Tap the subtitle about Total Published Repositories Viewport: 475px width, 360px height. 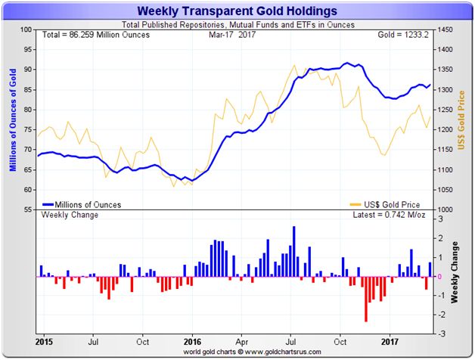[235, 24]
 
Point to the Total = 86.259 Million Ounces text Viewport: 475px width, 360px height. [86, 36]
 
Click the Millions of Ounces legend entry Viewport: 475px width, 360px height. [82, 204]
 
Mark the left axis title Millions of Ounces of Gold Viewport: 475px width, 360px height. [13, 119]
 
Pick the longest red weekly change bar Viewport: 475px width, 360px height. [366, 299]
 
